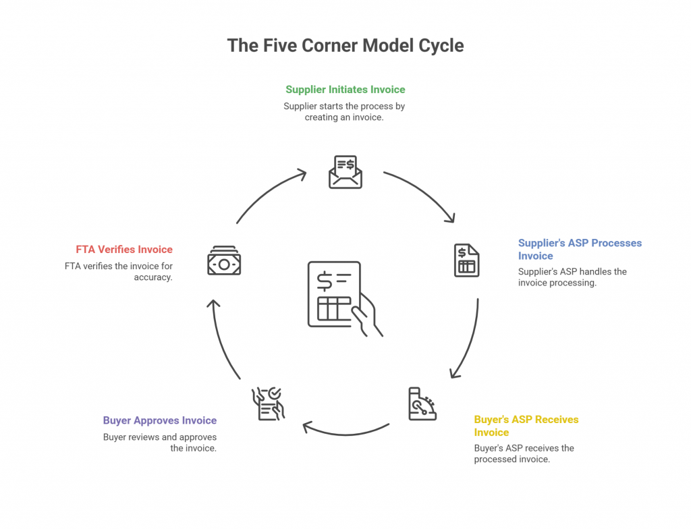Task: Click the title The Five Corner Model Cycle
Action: click(x=345, y=45)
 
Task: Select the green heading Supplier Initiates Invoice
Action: click(x=345, y=89)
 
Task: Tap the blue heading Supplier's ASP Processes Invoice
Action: click(x=580, y=249)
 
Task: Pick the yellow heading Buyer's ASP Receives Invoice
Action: click(x=526, y=426)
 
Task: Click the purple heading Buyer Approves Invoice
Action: click(x=160, y=420)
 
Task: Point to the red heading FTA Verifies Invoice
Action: click(x=124, y=249)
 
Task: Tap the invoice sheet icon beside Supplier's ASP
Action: click(x=466, y=260)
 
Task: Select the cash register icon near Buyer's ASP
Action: click(x=422, y=404)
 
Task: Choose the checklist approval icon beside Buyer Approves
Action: click(x=268, y=403)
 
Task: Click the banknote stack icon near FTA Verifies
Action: click(x=224, y=260)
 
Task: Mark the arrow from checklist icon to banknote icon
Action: click(x=222, y=337)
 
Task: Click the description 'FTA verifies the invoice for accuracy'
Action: click(x=119, y=271)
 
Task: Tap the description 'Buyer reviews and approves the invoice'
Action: click(x=160, y=442)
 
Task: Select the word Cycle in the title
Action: click(x=438, y=45)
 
